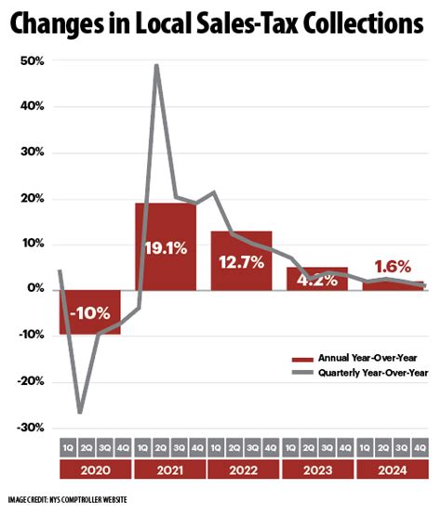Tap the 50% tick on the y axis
point(33,60)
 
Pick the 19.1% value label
point(166,249)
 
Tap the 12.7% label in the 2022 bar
point(240,262)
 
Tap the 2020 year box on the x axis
point(94,470)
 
